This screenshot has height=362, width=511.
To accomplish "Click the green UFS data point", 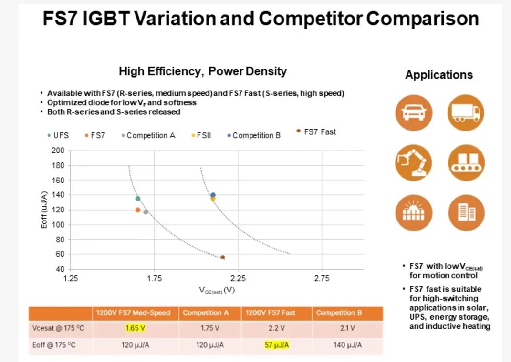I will (x=138, y=199).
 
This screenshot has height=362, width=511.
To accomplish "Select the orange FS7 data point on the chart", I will (x=138, y=210).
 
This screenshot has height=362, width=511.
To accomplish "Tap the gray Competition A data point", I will (x=146, y=212).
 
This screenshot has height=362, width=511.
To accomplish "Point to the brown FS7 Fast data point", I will (x=222, y=258).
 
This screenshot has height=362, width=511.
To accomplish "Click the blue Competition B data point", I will (x=213, y=195).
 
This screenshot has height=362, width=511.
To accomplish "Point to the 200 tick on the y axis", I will (x=58, y=151).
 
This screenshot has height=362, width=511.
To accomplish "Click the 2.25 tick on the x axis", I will (x=238, y=279).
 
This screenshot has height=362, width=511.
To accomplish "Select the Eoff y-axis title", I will (x=44, y=210).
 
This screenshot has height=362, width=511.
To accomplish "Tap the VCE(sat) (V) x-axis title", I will (x=217, y=290).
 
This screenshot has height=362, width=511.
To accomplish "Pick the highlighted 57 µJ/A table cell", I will (x=277, y=345).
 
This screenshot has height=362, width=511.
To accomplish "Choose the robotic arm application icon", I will (x=413, y=162).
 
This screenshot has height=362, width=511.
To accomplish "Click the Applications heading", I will (x=439, y=75).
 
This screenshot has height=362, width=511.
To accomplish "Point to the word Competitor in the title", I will (x=313, y=19).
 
